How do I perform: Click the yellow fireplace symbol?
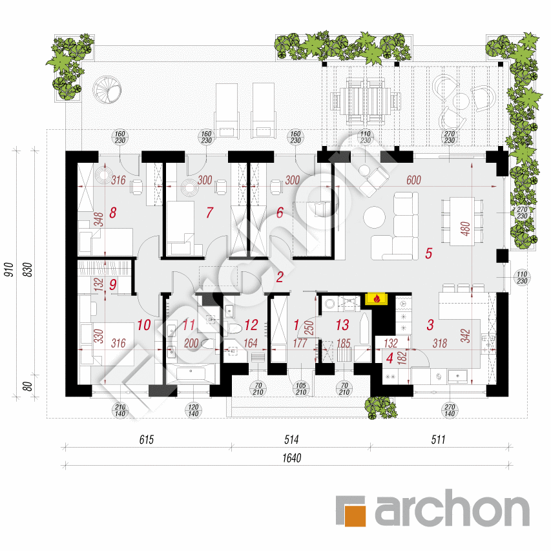click(377, 298)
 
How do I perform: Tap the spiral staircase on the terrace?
click(107, 90)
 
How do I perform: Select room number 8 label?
click(113, 213)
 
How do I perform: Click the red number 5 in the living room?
click(428, 253)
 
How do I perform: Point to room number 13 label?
click(342, 325)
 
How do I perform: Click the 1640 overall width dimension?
click(292, 458)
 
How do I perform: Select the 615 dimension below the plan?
click(147, 440)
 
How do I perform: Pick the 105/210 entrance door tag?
click(301, 389)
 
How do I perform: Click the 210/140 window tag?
click(120, 410)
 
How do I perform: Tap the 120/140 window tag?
click(193, 410)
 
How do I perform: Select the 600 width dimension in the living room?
click(413, 180)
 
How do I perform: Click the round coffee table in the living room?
click(374, 217)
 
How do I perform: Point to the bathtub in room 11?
click(191, 373)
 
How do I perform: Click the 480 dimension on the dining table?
click(465, 229)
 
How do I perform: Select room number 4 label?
click(390, 358)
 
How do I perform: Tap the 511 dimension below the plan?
click(438, 440)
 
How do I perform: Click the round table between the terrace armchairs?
click(461, 101)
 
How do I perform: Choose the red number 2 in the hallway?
click(280, 277)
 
